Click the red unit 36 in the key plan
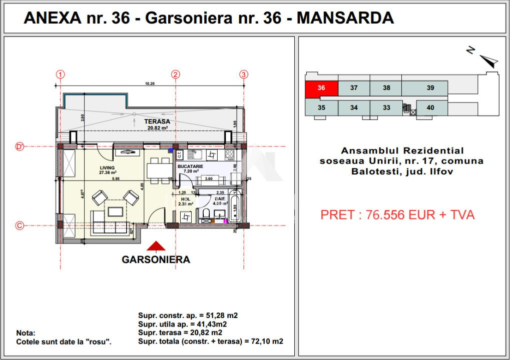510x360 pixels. (321, 88)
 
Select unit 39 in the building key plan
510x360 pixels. (430, 88)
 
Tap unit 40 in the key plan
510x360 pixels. (430, 107)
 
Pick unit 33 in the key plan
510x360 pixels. (386, 107)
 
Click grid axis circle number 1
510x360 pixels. (61, 74)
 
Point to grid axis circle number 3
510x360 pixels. (244, 74)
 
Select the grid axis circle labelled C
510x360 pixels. (20, 225)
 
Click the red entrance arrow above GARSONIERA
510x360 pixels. (156, 246)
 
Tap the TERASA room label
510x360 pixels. (157, 121)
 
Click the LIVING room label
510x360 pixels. (107, 168)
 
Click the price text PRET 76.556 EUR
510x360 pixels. (397, 215)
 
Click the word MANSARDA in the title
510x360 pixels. (345, 18)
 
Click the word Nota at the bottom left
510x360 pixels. (26, 333)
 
